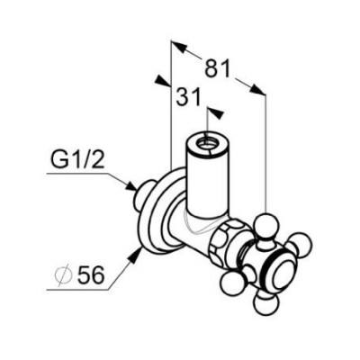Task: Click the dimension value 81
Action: coord(217,68)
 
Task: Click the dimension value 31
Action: coord(188,97)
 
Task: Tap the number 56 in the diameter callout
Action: coord(91,274)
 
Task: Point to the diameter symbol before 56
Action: coord(64,274)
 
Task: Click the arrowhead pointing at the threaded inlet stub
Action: coord(130,185)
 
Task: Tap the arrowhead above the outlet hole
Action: coord(216,113)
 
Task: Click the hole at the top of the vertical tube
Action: coord(206,140)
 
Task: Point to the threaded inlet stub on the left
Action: coord(141,196)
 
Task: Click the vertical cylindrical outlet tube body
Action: coord(206,177)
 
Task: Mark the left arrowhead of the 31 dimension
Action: coord(161,80)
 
